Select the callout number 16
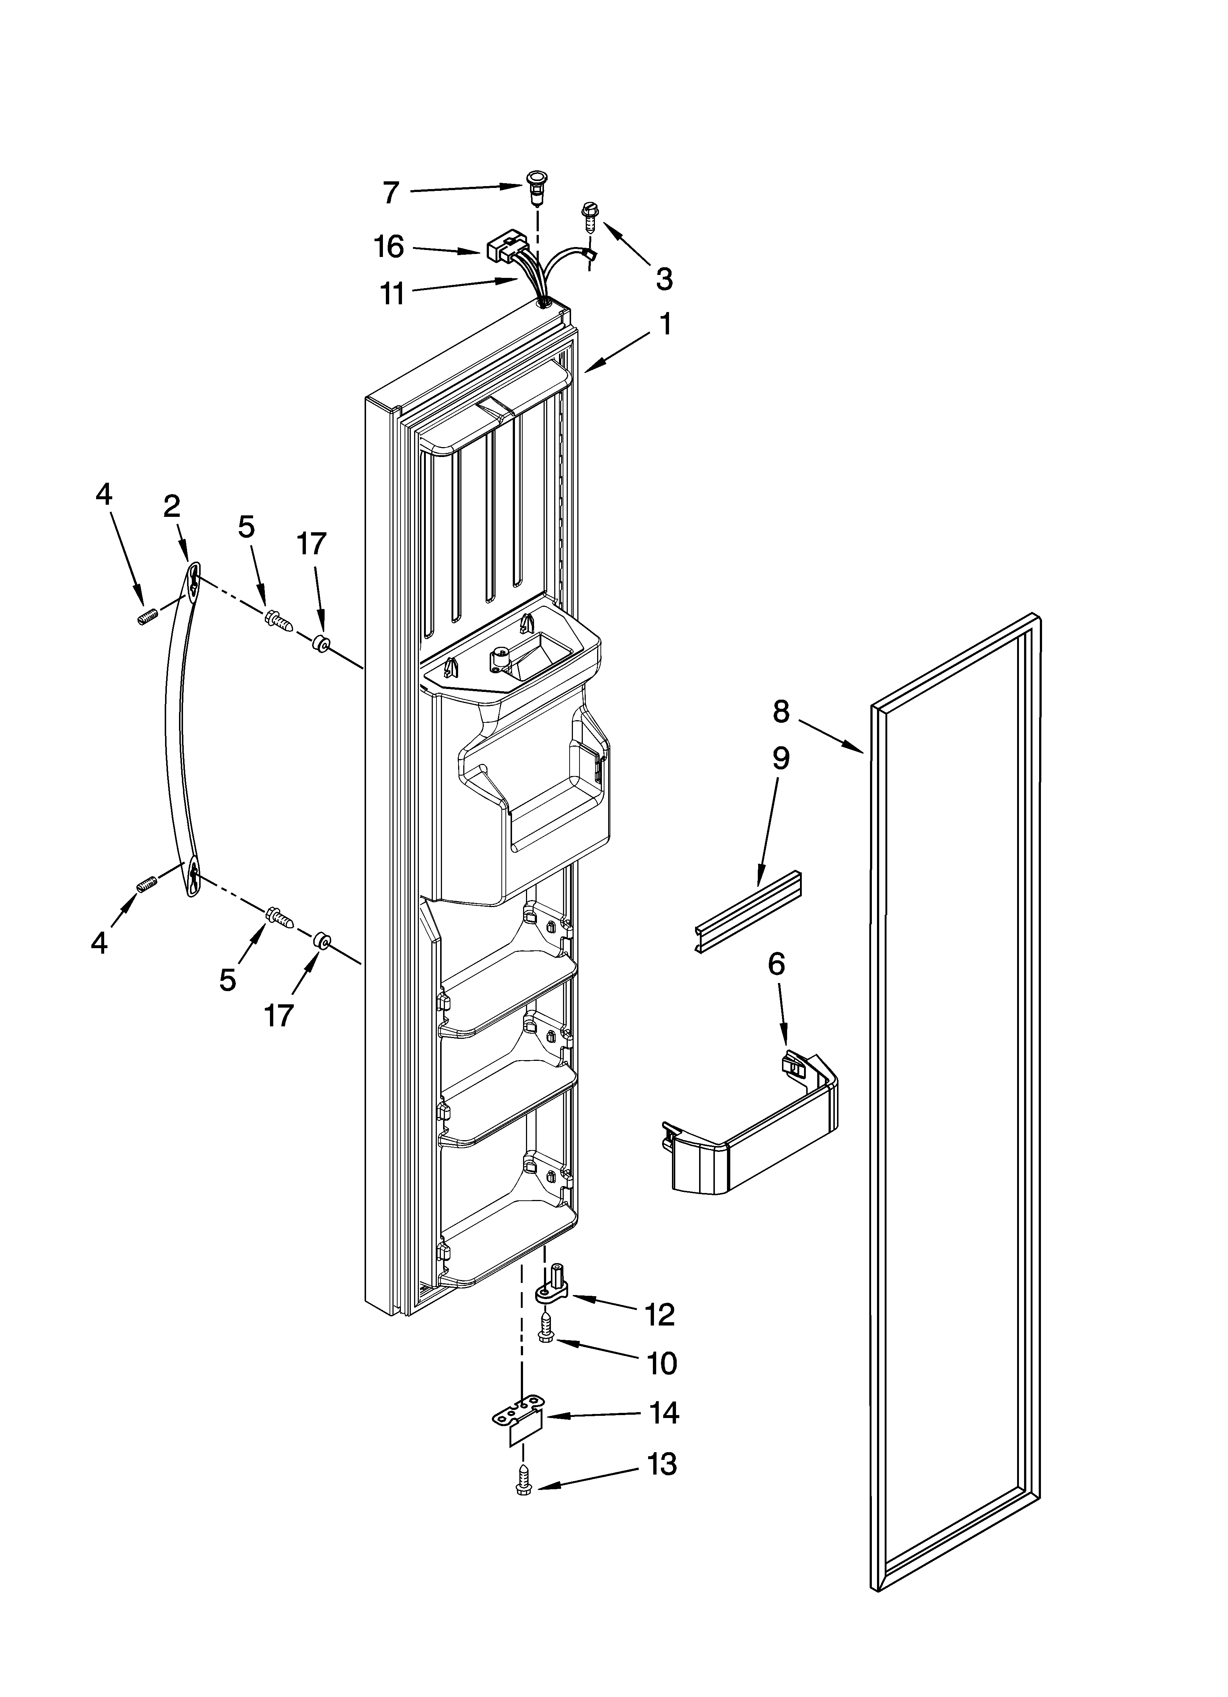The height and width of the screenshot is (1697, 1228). [x=389, y=247]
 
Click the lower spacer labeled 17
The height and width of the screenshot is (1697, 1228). [x=322, y=940]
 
